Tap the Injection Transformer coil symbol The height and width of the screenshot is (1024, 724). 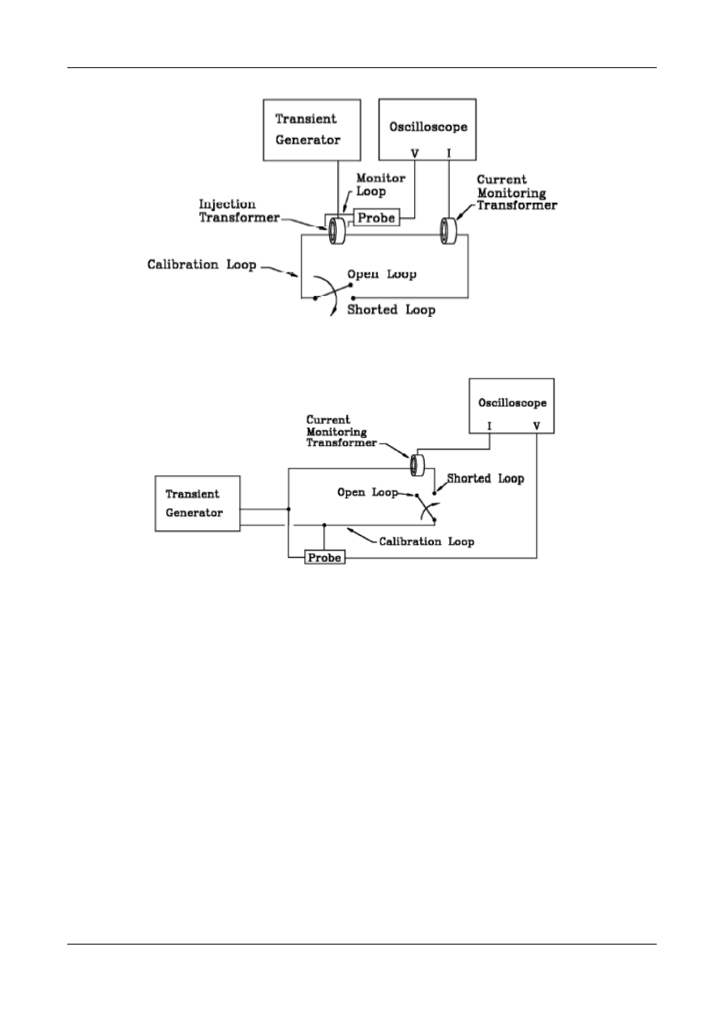pyautogui.click(x=336, y=232)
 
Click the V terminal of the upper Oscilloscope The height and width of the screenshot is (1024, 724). pyautogui.click(x=415, y=152)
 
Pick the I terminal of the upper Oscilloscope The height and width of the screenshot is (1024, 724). pyautogui.click(x=449, y=152)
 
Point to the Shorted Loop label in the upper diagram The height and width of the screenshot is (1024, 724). pyautogui.click(x=391, y=310)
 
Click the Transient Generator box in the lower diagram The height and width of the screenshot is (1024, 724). pyautogui.click(x=197, y=503)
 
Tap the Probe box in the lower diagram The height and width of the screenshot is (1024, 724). pyautogui.click(x=324, y=559)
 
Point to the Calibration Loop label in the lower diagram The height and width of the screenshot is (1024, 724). pyautogui.click(x=426, y=541)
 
